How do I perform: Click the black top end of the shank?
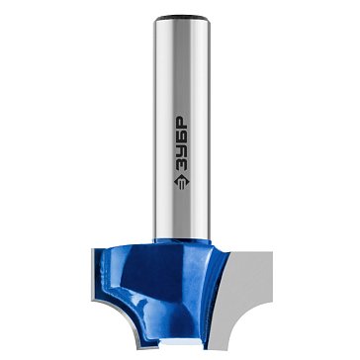pos(182,18)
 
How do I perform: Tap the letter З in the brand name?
pos(181,164)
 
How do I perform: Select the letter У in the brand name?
pos(181,151)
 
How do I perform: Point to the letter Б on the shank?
pos(181,137)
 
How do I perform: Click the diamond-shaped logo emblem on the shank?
pos(182,181)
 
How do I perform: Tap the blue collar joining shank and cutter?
pos(182,241)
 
